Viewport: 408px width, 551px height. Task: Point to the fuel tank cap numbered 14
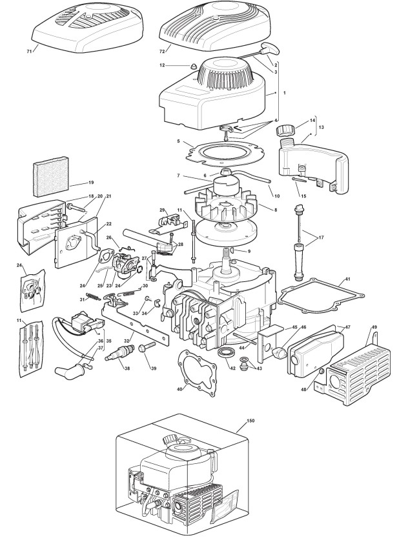click(285, 131)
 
